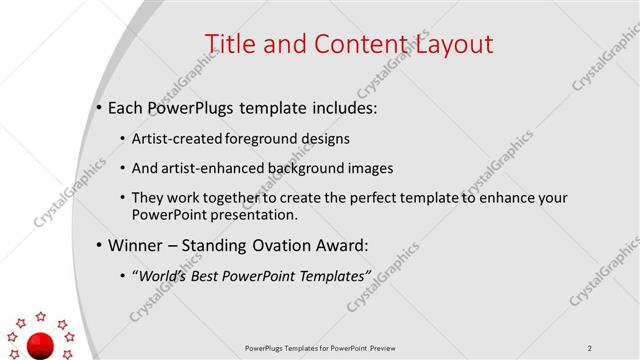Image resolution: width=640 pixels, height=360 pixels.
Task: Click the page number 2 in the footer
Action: tap(590, 348)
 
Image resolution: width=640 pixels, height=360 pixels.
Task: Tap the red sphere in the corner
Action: tap(41, 345)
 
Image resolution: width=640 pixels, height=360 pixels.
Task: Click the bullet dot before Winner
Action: tap(100, 246)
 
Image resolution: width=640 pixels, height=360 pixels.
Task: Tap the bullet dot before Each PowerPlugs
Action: tap(100, 107)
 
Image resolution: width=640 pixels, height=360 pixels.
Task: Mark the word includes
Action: tap(341, 107)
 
